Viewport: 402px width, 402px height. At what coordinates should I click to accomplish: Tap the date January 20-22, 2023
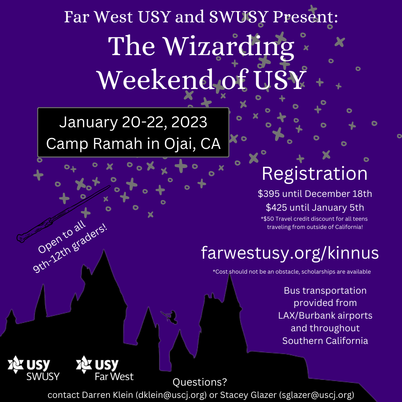tap(133, 122)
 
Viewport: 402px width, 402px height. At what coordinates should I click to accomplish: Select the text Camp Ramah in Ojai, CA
tap(133, 144)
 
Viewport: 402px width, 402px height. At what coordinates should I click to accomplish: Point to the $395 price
tap(269, 194)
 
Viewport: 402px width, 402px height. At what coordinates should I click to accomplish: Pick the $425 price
tap(276, 208)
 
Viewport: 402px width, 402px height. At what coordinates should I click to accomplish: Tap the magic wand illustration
tap(63, 214)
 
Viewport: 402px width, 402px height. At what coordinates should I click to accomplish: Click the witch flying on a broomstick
tap(169, 316)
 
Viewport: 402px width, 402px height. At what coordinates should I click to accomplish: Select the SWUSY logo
tap(33, 368)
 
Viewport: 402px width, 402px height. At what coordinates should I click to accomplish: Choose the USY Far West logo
tap(105, 368)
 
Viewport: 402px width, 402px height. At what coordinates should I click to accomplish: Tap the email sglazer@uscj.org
tap(316, 395)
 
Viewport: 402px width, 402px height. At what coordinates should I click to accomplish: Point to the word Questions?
tap(200, 382)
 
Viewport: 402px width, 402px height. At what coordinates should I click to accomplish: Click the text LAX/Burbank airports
tap(325, 316)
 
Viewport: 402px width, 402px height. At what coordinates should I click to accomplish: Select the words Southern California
tap(325, 341)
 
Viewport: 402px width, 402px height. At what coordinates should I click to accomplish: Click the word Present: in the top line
tap(305, 17)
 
